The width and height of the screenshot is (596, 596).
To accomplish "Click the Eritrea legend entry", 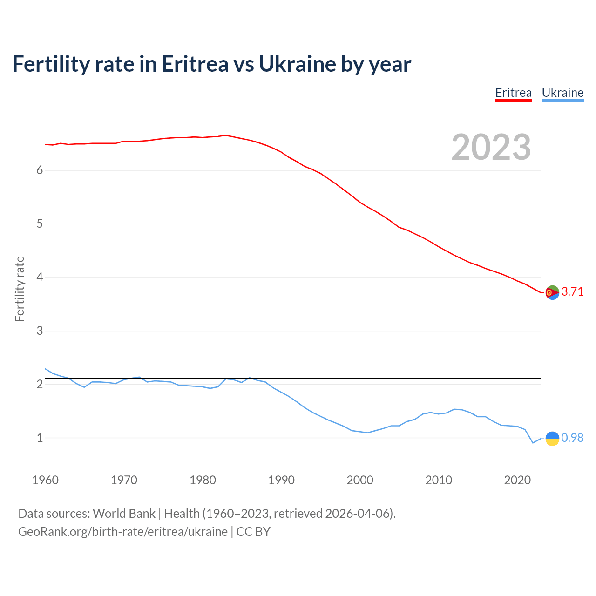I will (x=513, y=93).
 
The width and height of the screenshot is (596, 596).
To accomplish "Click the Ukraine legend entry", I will (x=562, y=93).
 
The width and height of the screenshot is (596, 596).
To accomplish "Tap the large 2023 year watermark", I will (x=491, y=147).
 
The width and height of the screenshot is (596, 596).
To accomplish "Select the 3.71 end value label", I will (x=572, y=292).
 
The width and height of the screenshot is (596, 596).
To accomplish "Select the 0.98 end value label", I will (x=572, y=438).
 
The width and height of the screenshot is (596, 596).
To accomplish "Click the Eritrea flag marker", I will (x=552, y=292).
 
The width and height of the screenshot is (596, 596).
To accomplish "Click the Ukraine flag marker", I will (x=552, y=438).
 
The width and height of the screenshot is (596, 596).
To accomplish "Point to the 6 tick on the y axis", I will (x=40, y=170).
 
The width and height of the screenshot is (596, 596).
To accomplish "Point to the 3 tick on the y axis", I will (x=40, y=331).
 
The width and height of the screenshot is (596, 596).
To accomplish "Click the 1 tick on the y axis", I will (x=40, y=438).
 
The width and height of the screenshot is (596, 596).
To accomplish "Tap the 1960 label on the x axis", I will (x=45, y=480).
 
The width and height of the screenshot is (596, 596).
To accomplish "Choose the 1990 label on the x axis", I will (x=281, y=480).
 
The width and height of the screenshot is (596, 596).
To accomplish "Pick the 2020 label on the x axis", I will (x=517, y=480).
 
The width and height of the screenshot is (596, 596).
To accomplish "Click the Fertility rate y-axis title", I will (x=20, y=289).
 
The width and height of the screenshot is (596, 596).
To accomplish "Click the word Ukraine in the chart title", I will (x=297, y=64).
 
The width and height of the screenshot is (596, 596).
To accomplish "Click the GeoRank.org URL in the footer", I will (x=123, y=532).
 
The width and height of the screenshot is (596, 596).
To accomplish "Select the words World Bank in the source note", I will (x=124, y=514).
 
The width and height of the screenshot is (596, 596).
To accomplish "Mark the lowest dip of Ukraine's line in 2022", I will (x=533, y=443).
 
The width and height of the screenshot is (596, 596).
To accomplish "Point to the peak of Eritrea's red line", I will (x=226, y=135).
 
